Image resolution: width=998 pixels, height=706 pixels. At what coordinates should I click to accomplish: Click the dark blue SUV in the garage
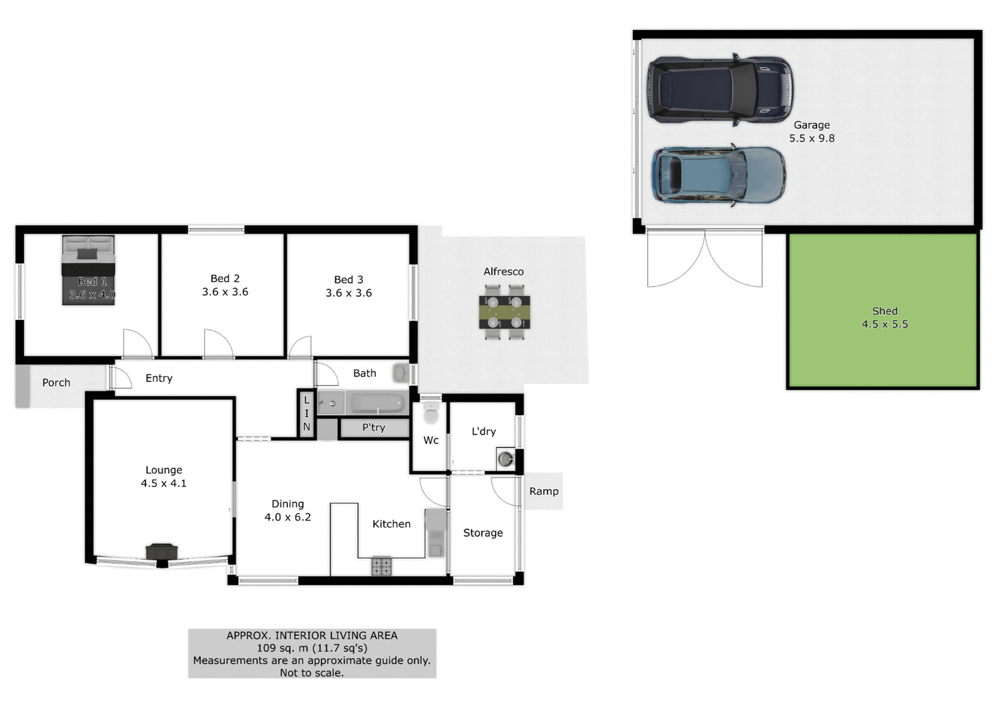(x=720, y=89)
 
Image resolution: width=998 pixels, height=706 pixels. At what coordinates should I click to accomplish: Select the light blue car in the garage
(x=719, y=175)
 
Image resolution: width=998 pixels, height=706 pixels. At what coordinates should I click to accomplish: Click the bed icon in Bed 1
(x=88, y=269)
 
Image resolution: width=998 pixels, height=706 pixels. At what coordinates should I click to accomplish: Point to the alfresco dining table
(x=504, y=311)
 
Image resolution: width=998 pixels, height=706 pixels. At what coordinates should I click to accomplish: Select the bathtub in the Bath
(x=377, y=403)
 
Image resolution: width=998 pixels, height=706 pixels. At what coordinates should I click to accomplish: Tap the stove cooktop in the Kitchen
(x=381, y=566)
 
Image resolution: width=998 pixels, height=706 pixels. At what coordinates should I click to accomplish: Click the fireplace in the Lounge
(x=162, y=552)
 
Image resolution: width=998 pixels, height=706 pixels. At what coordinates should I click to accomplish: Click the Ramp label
(x=544, y=491)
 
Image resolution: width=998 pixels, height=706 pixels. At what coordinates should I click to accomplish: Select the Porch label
(x=56, y=383)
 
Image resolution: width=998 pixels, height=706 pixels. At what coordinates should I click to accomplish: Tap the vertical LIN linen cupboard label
(x=307, y=413)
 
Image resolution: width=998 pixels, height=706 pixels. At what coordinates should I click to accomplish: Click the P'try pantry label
(x=373, y=428)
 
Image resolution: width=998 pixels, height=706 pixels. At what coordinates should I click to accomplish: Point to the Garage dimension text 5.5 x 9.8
(x=812, y=138)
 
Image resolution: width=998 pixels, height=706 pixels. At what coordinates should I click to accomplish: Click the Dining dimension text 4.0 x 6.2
(x=287, y=517)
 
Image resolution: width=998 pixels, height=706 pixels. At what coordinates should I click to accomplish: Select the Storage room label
(x=483, y=533)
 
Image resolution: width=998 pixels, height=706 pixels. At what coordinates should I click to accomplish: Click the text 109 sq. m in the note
(x=283, y=647)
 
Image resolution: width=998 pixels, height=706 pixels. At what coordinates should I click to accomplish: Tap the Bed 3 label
(x=349, y=279)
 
